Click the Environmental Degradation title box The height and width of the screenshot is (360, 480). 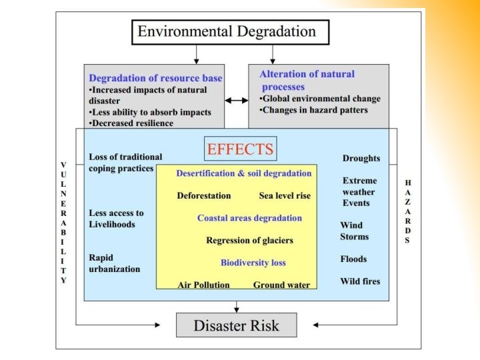(x=226, y=31)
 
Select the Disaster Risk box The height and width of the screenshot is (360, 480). (x=236, y=326)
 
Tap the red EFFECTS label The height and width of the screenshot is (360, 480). (x=240, y=149)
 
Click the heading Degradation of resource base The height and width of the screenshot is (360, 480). (x=155, y=78)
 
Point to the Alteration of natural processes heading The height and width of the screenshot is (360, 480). (x=307, y=80)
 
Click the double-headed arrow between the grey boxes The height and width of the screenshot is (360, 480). (x=236, y=100)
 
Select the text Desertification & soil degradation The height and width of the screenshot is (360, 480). (x=243, y=173)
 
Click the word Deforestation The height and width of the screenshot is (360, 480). (x=203, y=196)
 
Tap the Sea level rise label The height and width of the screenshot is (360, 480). (x=285, y=196)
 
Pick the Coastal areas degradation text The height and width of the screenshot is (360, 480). (x=249, y=218)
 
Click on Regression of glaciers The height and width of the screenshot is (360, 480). (x=249, y=241)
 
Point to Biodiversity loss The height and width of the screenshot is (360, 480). (x=253, y=263)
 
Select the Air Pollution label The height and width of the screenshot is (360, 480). (x=203, y=285)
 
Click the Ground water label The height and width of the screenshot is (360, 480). (x=281, y=285)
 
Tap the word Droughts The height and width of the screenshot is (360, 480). (x=361, y=159)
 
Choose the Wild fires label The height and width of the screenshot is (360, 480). (x=360, y=281)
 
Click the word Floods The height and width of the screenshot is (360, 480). (x=353, y=259)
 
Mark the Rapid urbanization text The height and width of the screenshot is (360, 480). (x=114, y=263)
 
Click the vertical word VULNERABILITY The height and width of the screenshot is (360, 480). (x=63, y=223)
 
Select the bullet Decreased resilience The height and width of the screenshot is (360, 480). (x=132, y=123)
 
